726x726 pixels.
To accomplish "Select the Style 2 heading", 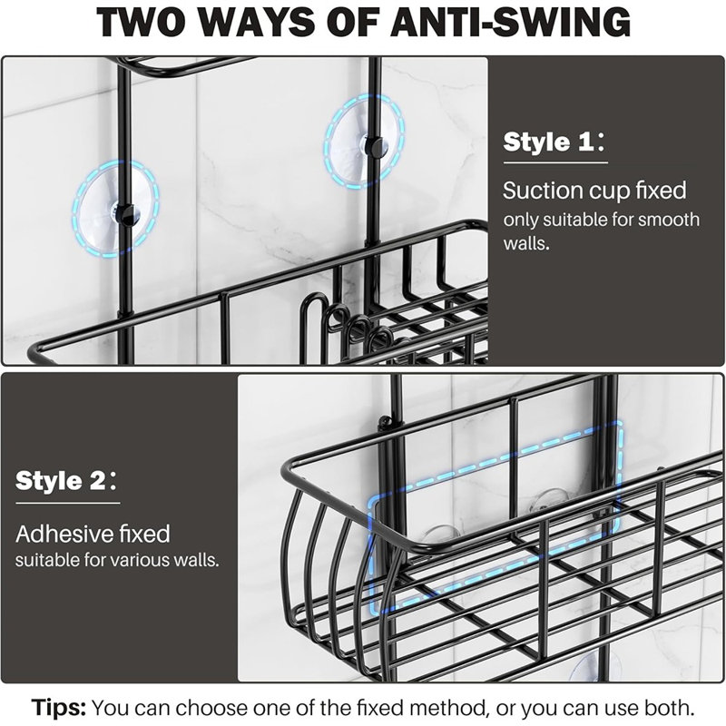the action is coord(66,481).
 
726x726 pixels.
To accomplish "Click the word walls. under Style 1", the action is coord(526,242).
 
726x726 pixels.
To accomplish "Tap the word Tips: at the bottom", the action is coord(59,708).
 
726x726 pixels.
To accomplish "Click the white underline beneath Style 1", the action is coord(555,162).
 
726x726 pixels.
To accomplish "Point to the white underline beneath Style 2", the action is coord(68,503).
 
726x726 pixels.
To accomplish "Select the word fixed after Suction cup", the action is coord(661,191).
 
